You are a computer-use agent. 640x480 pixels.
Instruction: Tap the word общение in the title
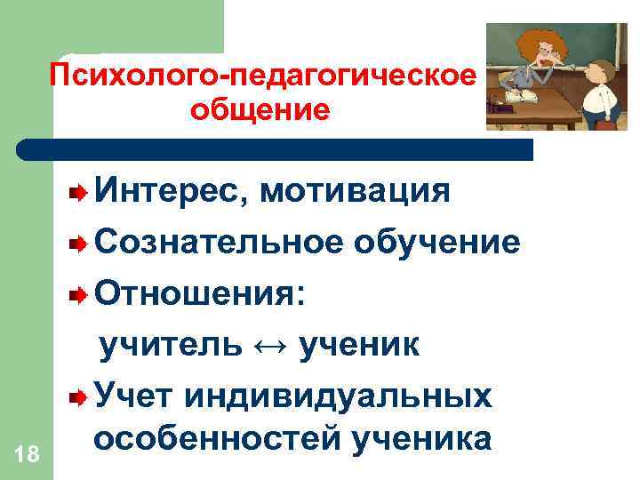point(260,110)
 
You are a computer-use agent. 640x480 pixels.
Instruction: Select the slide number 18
point(27,454)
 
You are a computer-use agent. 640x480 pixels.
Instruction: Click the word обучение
point(437,241)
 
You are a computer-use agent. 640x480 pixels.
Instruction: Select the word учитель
point(168,343)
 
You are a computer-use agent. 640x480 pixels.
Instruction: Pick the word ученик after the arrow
point(360,343)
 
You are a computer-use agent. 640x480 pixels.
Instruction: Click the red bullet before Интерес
point(81,191)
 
